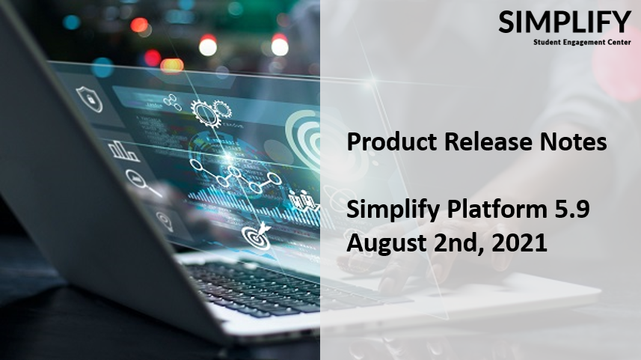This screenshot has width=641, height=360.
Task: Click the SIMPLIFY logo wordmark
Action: tap(565, 22)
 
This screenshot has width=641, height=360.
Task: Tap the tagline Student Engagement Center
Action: tap(582, 42)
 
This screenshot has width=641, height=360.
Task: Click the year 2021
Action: tap(519, 243)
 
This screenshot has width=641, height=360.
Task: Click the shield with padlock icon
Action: tap(89, 99)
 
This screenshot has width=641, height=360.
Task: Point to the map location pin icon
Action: tap(165, 222)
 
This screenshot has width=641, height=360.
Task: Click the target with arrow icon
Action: tap(257, 236)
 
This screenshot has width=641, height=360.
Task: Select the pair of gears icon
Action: tap(211, 112)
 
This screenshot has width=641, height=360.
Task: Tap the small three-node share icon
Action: tap(172, 103)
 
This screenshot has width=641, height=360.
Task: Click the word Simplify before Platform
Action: tap(393, 210)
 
